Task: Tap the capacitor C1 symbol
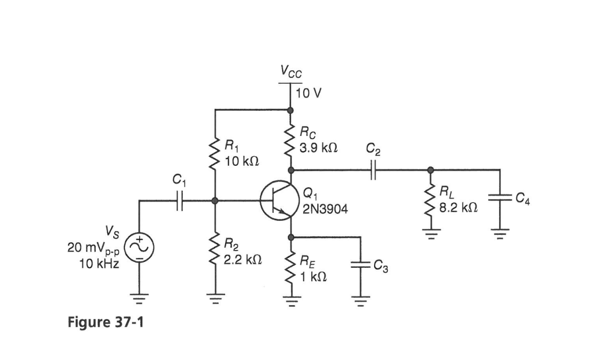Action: [x=179, y=201]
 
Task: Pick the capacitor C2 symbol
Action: [x=374, y=170]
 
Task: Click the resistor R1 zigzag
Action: [x=215, y=154]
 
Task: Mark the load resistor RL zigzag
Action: [x=430, y=201]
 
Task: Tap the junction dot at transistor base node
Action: [x=215, y=201]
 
